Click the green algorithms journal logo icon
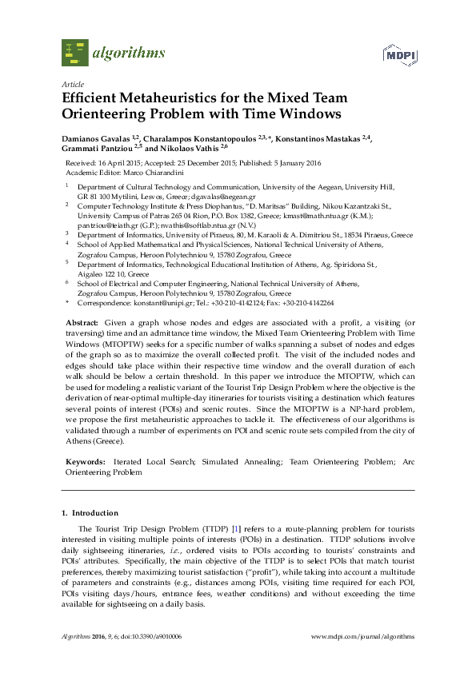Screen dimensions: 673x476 [75, 53]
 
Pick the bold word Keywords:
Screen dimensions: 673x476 [84, 462]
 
